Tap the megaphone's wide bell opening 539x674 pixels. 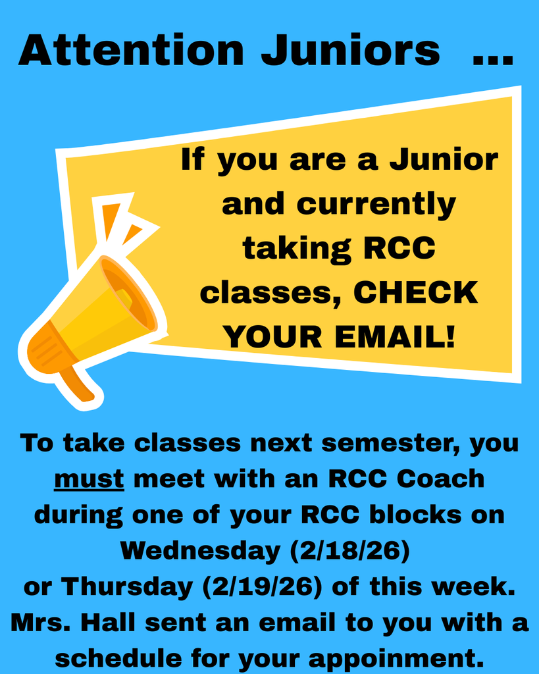coord(128,294)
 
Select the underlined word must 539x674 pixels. coord(89,479)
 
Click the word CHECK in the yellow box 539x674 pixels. coord(416,293)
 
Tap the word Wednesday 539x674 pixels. coord(201,550)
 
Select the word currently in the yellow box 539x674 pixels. coord(376,204)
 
